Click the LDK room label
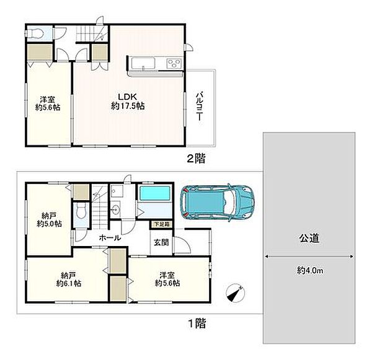(x=127, y=97)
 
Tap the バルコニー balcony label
(x=199, y=106)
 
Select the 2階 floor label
(x=196, y=159)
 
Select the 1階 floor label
(x=197, y=323)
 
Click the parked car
(x=217, y=203)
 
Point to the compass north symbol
(x=236, y=293)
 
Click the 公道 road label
(x=309, y=239)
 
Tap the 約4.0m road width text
(x=310, y=270)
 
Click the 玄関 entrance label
(x=161, y=242)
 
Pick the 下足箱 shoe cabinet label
(x=162, y=224)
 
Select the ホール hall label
(x=110, y=238)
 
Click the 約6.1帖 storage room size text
(x=69, y=283)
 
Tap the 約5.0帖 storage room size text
(x=50, y=224)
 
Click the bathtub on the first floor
(x=155, y=193)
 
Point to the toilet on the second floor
(x=35, y=33)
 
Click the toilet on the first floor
(x=81, y=212)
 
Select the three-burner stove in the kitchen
(x=174, y=63)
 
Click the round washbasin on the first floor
(x=115, y=210)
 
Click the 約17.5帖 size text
(x=128, y=106)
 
